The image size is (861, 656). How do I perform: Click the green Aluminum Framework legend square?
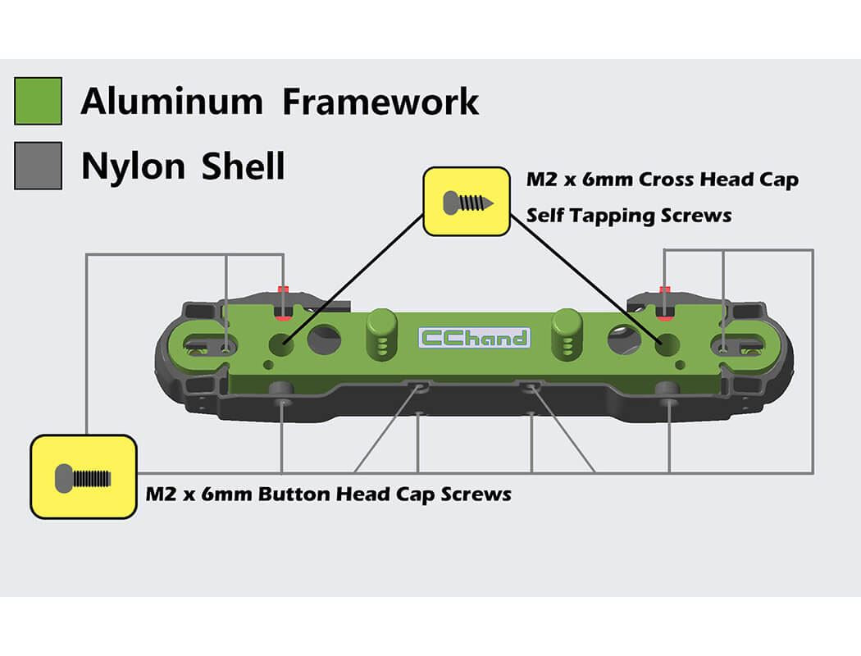click(38, 101)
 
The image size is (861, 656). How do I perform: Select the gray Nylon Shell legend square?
click(38, 166)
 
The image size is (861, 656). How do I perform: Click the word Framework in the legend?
click(380, 101)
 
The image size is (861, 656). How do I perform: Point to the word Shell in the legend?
click(243, 166)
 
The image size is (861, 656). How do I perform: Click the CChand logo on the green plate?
click(475, 337)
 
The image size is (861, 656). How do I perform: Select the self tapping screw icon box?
click(466, 202)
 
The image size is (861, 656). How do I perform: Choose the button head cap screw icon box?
click(84, 476)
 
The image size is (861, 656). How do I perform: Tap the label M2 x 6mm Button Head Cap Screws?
click(328, 494)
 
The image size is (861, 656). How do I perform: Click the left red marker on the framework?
click(284, 302)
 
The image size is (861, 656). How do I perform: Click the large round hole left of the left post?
click(325, 339)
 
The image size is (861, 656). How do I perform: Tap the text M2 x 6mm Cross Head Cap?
click(663, 180)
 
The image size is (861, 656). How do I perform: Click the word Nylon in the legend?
click(133, 166)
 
